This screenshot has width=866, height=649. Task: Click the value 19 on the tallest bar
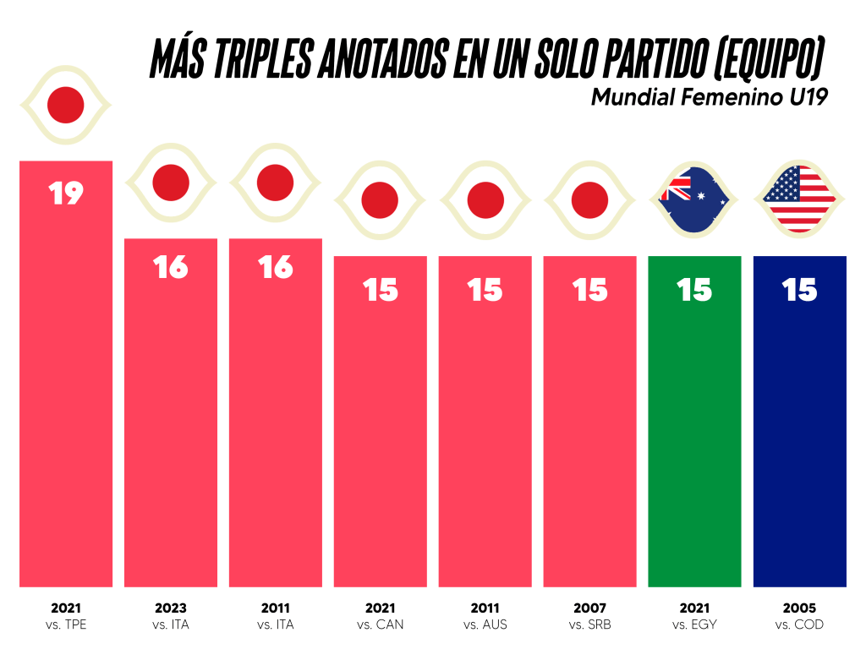point(66,193)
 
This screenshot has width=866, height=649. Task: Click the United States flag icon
point(799,199)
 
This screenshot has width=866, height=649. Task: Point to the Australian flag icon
point(694,199)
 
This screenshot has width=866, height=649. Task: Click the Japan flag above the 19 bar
point(66,106)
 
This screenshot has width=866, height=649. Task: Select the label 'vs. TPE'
point(66,625)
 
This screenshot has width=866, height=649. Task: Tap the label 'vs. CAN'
point(381,625)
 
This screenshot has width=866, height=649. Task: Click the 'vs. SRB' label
point(590,625)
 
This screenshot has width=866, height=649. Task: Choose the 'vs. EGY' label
point(694,625)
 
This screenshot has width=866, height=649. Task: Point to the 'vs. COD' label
point(799,625)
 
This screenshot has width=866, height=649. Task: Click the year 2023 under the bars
point(171,608)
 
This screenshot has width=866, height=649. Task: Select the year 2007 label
point(590,608)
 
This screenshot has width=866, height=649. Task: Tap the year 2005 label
point(799,608)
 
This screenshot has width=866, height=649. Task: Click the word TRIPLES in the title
point(257,59)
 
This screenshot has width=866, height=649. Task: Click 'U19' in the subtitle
point(808,97)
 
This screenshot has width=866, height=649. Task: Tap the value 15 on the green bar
point(694,291)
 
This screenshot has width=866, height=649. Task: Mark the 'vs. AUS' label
point(485,625)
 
